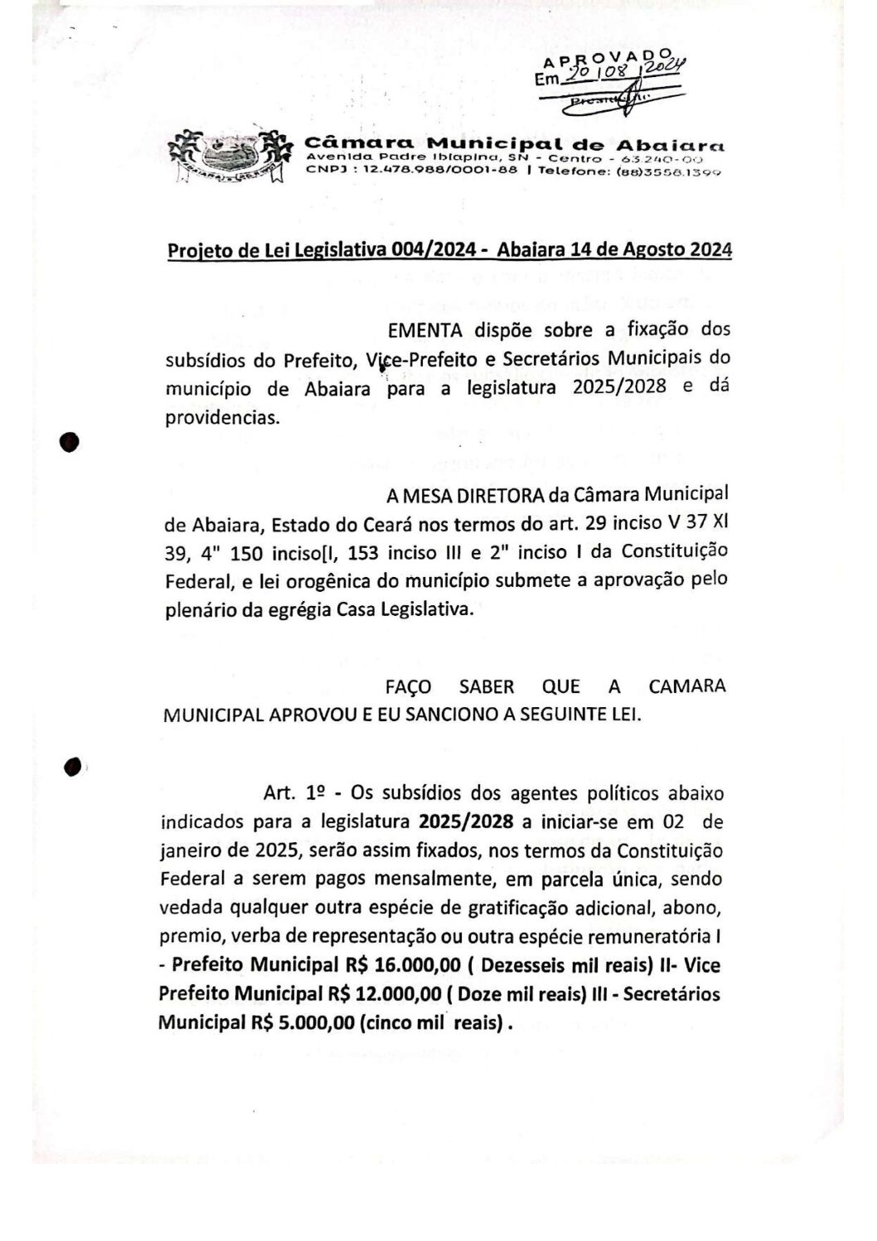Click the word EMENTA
(424, 330)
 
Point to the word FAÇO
(410, 687)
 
